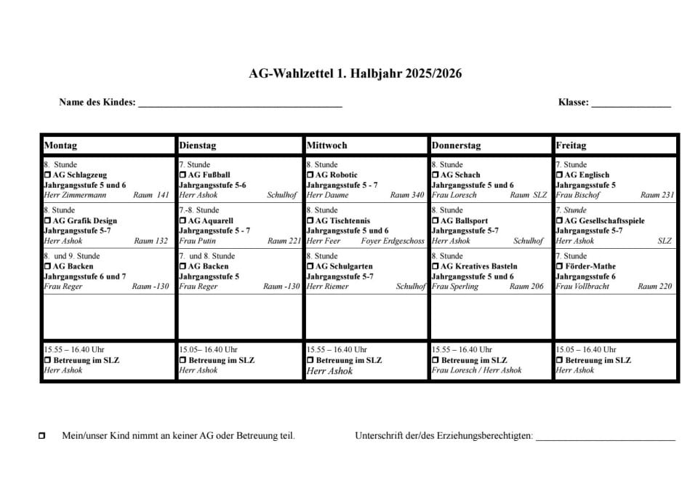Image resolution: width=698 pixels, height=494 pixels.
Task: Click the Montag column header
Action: coord(60,146)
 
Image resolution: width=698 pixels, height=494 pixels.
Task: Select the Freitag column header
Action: coord(571,146)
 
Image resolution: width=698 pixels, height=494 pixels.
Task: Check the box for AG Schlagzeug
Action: coord(48,175)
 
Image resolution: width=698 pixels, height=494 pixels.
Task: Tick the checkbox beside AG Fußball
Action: coord(182,175)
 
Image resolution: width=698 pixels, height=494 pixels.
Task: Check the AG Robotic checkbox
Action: coord(310,175)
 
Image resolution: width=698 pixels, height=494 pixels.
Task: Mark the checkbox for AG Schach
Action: coord(436,175)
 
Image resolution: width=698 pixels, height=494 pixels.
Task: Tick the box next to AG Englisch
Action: coord(559,175)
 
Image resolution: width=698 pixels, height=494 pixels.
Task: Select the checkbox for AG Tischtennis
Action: coord(310,221)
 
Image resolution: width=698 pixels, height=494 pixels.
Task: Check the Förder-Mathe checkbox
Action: coord(559,267)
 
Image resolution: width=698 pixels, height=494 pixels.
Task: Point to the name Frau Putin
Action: coord(197,241)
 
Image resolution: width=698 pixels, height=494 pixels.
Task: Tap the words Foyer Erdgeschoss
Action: coord(392,241)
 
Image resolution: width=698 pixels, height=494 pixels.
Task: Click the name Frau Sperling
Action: coord(454,287)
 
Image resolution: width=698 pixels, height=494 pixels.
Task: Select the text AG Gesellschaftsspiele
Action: coord(604,221)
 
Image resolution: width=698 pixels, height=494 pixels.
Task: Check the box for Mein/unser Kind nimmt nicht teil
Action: coord(41,436)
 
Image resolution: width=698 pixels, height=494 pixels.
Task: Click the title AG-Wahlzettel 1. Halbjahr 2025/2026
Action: coord(355,73)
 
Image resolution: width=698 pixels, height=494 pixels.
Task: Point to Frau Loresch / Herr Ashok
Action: coord(476,370)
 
